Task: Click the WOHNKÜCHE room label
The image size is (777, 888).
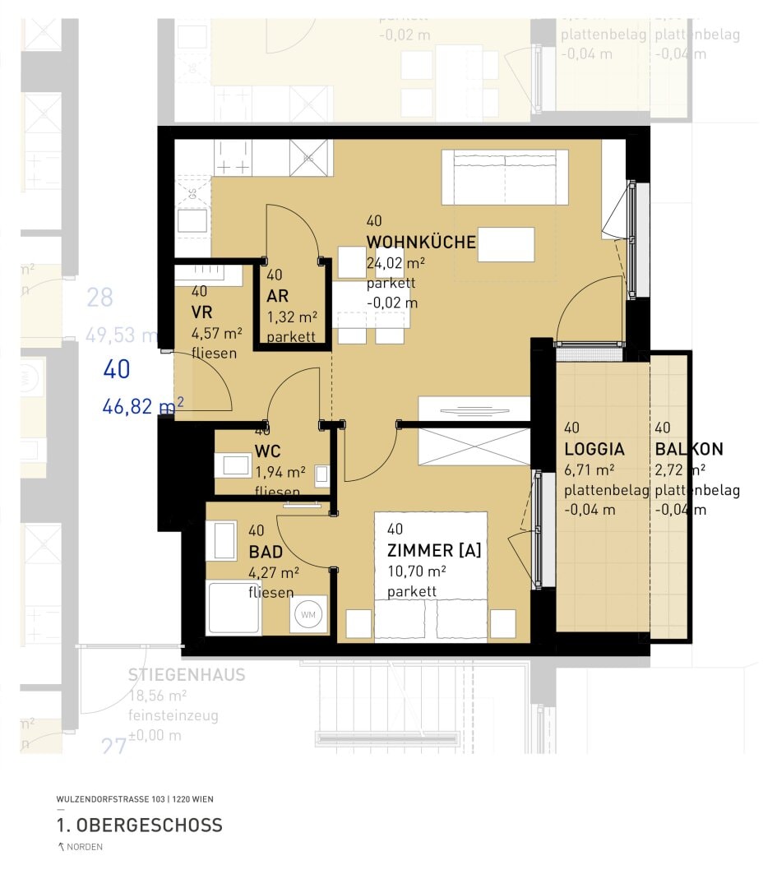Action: pyautogui.click(x=421, y=242)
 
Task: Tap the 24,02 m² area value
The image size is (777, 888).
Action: pyautogui.click(x=395, y=263)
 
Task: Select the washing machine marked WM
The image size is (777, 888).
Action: pyautogui.click(x=308, y=614)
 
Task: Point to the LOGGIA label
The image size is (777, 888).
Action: pyautogui.click(x=594, y=450)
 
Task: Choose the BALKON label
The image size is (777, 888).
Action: pyautogui.click(x=689, y=450)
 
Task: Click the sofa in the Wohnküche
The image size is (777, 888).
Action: pyautogui.click(x=505, y=177)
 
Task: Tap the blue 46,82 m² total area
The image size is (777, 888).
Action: pyautogui.click(x=142, y=405)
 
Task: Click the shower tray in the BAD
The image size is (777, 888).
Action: pyautogui.click(x=234, y=608)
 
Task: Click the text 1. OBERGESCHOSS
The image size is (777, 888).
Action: pyautogui.click(x=139, y=825)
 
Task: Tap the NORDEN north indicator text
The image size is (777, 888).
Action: pyautogui.click(x=84, y=848)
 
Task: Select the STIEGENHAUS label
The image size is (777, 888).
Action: pyautogui.click(x=187, y=675)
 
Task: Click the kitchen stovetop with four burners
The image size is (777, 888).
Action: pyautogui.click(x=233, y=157)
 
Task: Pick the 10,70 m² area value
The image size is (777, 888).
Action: pyautogui.click(x=416, y=571)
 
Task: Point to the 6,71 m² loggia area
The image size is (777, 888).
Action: pyautogui.click(x=590, y=469)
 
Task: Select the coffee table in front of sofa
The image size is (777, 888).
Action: pyautogui.click(x=506, y=244)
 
